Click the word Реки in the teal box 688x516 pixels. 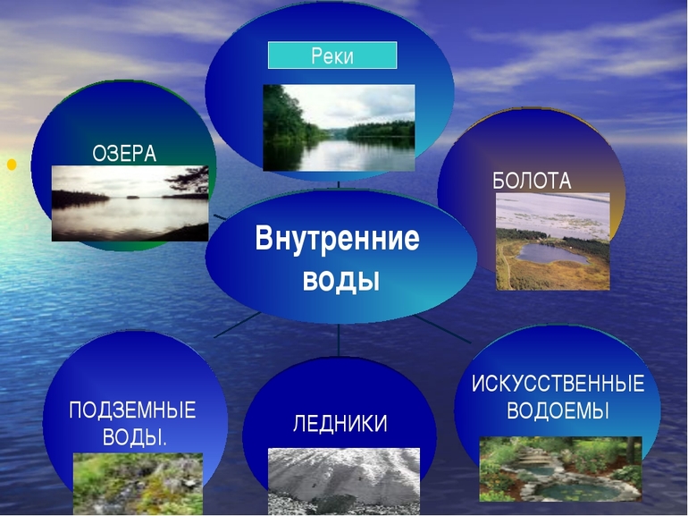click(x=332, y=56)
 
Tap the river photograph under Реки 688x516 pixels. click(x=339, y=127)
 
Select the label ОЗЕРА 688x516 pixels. click(x=124, y=154)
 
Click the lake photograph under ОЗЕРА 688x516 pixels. click(x=130, y=203)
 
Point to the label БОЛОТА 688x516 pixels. click(x=532, y=181)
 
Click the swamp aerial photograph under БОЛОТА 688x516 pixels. click(x=552, y=241)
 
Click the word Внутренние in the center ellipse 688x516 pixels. click(x=337, y=240)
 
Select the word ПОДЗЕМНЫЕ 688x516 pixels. click(x=132, y=411)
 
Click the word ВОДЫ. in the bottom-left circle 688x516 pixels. click(x=132, y=437)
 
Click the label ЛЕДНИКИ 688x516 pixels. click(x=340, y=424)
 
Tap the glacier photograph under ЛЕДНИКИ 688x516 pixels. click(x=343, y=480)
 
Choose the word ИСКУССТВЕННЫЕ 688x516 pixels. click(x=558, y=385)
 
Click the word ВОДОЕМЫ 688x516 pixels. click(x=558, y=411)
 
